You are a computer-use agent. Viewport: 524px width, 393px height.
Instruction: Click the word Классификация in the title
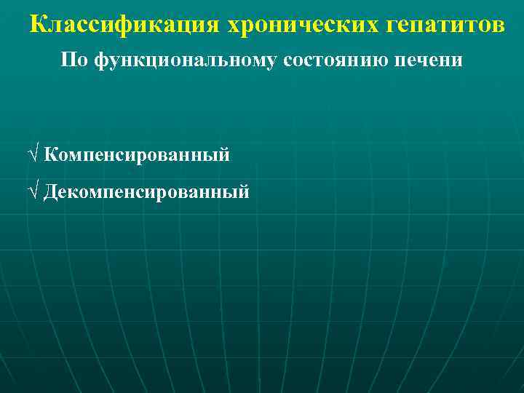point(126,25)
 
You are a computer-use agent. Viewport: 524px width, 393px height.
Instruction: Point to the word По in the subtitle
point(74,60)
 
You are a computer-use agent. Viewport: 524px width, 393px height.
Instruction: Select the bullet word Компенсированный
point(137,154)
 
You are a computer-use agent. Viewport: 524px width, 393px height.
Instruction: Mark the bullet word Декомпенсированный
point(146,191)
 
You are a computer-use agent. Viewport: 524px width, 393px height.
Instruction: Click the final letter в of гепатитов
point(497,26)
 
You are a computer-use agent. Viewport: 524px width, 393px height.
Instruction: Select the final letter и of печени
point(457,60)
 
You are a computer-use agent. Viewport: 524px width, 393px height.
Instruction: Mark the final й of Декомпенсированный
point(244,191)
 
